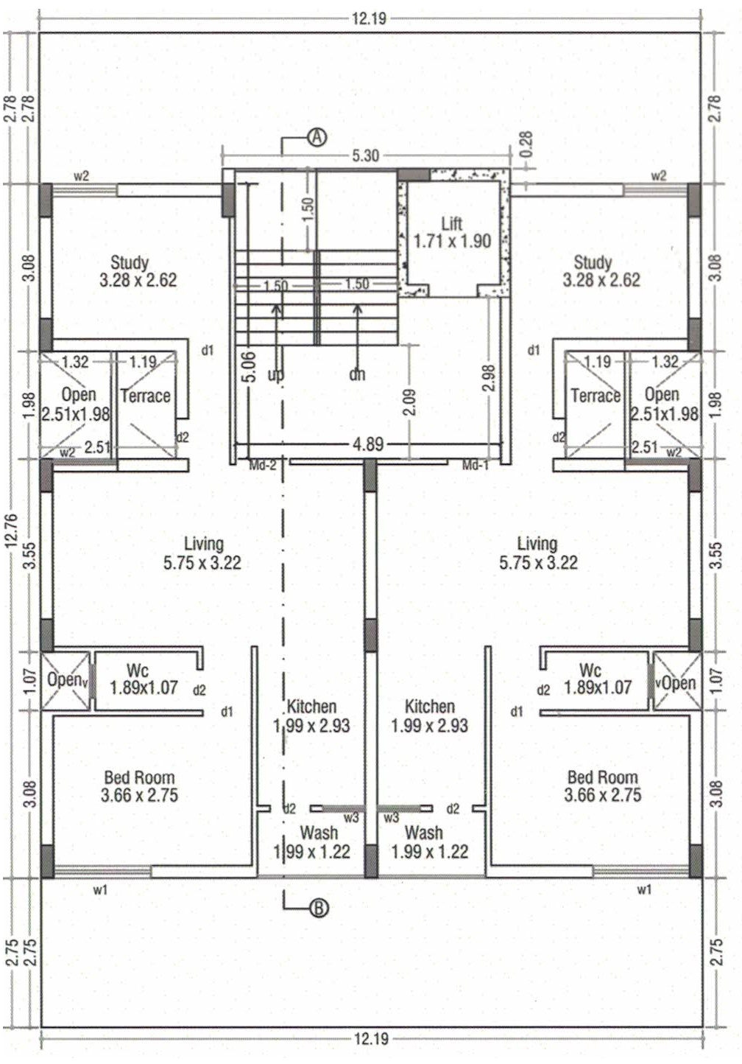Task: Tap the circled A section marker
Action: (x=317, y=137)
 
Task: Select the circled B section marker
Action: (x=319, y=908)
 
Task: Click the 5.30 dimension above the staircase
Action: (x=365, y=155)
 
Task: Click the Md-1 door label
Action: (x=476, y=466)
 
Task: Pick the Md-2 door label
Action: (x=262, y=466)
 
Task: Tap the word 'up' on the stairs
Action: (x=275, y=375)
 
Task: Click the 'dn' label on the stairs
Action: (x=357, y=374)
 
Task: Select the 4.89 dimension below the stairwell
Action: (x=368, y=444)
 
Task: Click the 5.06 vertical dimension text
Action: (x=251, y=365)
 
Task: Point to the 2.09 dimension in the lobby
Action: (x=410, y=402)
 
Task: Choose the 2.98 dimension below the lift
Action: (x=489, y=377)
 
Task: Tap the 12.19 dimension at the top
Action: (x=369, y=19)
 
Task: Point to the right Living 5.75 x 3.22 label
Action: (x=538, y=553)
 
